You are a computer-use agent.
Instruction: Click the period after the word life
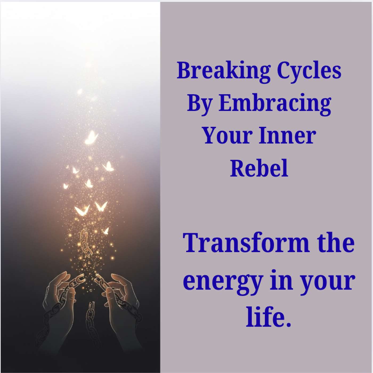[287, 324]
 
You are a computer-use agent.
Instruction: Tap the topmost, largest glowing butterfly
[91, 137]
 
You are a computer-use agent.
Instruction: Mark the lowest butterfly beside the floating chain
[106, 231]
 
